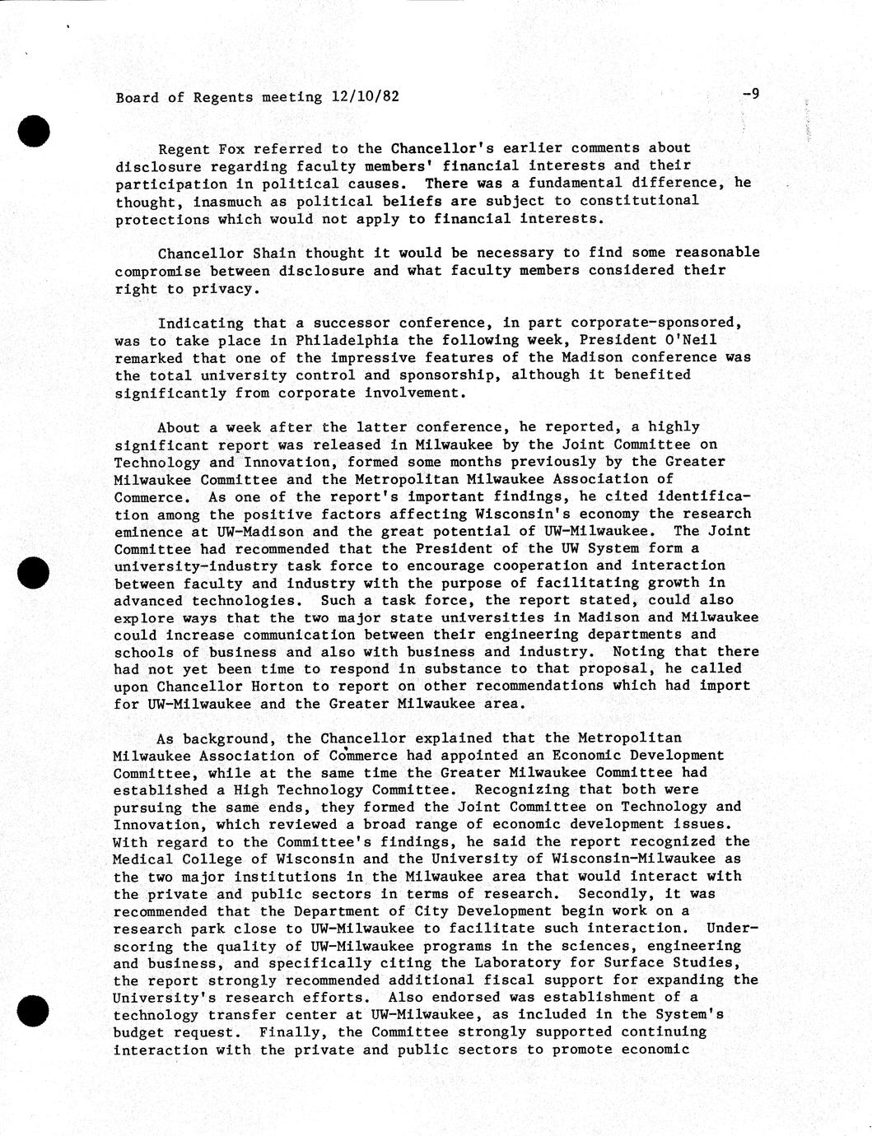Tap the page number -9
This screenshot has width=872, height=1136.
[x=750, y=94]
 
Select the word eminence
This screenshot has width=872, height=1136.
[x=148, y=531]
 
